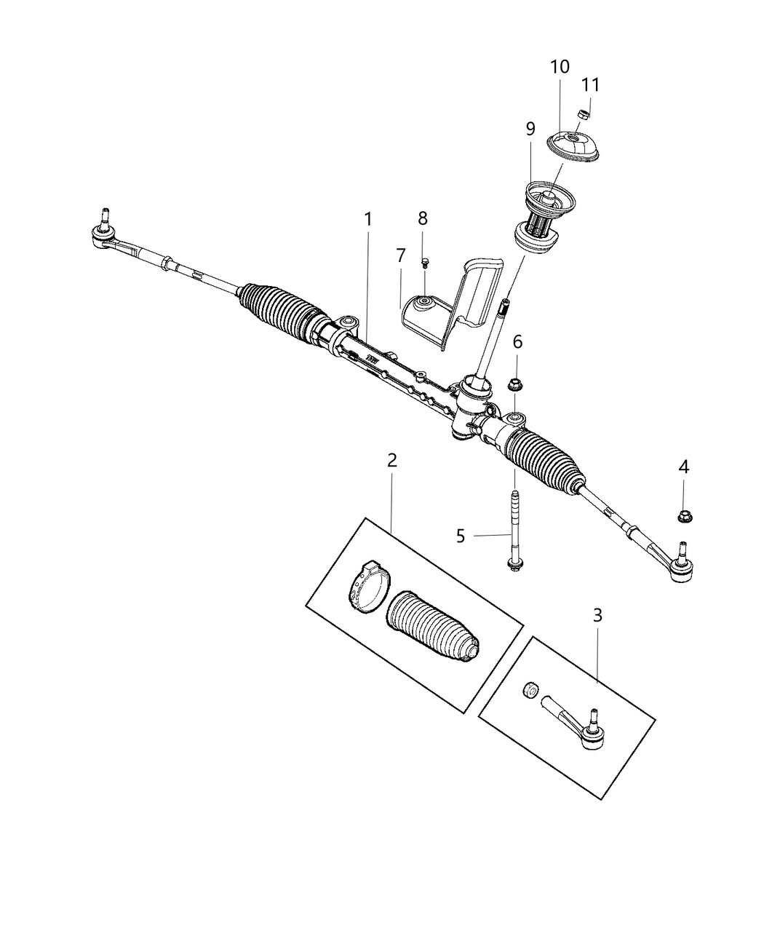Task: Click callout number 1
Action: (x=368, y=218)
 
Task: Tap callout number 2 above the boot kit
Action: (x=392, y=460)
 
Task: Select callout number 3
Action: (x=597, y=615)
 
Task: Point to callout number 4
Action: (x=683, y=467)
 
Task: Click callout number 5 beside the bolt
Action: (x=460, y=536)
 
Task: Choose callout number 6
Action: (x=517, y=341)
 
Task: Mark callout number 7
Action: (x=400, y=255)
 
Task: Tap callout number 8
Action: (x=423, y=218)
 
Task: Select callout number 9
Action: (x=530, y=129)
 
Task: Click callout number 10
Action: (x=560, y=67)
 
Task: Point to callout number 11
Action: (x=591, y=84)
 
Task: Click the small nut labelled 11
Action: (x=582, y=113)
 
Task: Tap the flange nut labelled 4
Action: (x=684, y=516)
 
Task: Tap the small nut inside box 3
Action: (x=531, y=689)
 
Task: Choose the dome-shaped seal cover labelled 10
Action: (x=574, y=145)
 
